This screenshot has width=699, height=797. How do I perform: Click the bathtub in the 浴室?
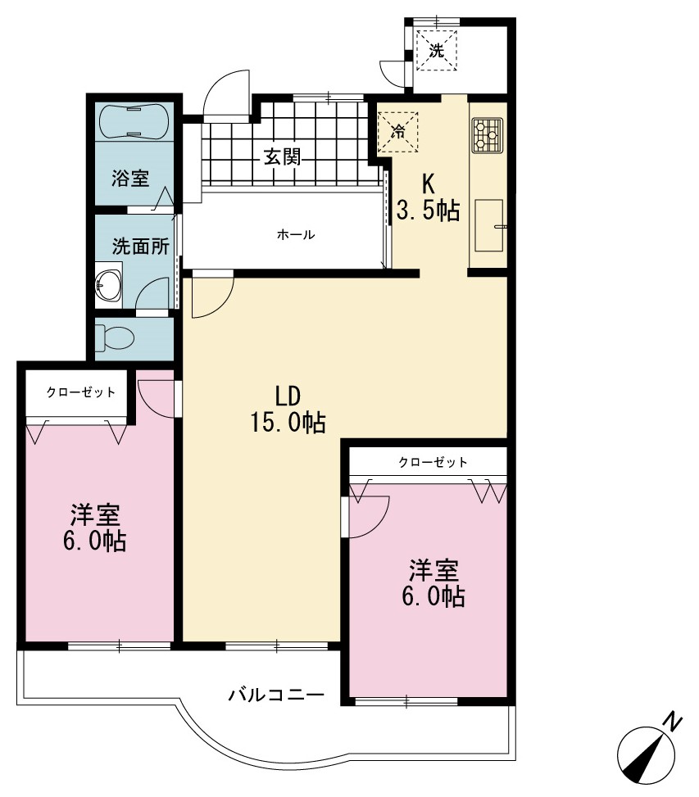click(x=134, y=121)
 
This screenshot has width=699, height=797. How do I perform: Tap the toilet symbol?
click(x=115, y=337)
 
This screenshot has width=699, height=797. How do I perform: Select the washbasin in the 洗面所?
click(x=108, y=285)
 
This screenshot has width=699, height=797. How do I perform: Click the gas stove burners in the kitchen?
click(x=487, y=136)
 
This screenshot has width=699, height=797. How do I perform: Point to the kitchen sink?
click(x=489, y=225)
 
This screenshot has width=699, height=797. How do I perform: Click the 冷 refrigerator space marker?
click(x=398, y=131)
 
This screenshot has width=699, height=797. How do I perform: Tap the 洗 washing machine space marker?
click(x=436, y=50)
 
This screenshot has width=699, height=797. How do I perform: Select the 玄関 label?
click(x=282, y=157)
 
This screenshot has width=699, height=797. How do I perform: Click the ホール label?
click(x=295, y=235)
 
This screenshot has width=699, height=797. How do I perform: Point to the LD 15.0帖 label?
click(x=288, y=410)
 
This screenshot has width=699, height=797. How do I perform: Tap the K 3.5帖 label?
click(x=428, y=197)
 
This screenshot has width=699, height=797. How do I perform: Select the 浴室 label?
click(x=130, y=178)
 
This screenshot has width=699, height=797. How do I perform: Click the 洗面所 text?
click(x=140, y=246)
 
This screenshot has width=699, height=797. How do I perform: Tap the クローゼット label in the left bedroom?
click(x=81, y=392)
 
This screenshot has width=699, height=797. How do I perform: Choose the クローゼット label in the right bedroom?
click(x=433, y=462)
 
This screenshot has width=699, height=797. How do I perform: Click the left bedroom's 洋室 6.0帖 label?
click(x=94, y=528)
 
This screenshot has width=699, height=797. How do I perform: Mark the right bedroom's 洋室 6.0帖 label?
click(x=433, y=583)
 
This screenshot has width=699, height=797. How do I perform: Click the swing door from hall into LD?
click(x=212, y=295)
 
